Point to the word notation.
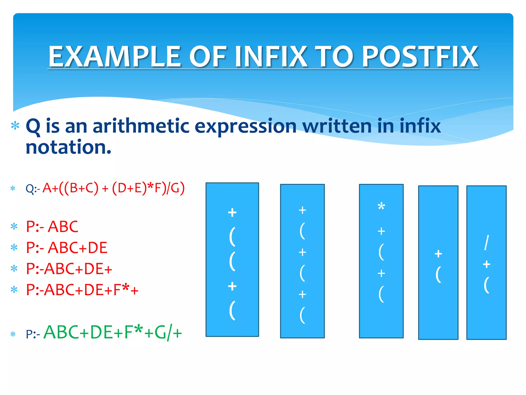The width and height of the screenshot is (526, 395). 68,147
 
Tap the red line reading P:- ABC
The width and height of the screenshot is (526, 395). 52,227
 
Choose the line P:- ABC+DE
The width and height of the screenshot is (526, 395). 67,248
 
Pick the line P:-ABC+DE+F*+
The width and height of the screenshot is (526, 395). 82,290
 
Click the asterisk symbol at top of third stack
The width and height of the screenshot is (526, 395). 381,207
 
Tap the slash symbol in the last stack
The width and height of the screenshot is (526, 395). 486,242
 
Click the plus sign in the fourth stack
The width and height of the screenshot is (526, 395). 438,254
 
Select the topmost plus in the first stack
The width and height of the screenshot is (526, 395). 232,212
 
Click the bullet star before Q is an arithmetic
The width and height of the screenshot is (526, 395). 15,126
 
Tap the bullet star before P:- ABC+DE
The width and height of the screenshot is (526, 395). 14,248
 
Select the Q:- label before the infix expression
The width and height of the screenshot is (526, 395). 33,189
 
